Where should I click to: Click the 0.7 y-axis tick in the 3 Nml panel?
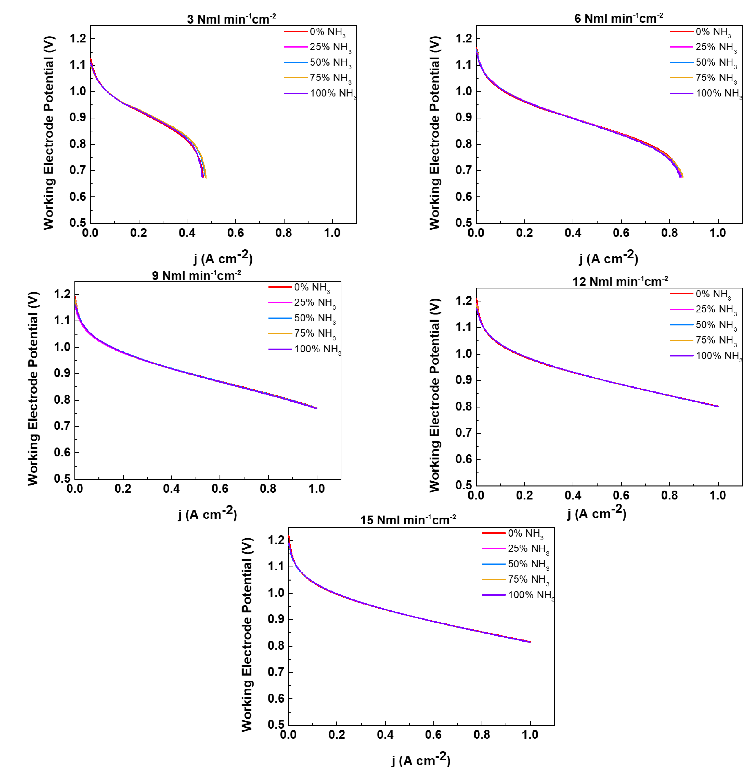tap(78, 170)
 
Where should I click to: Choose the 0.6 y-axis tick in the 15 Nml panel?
tap(276, 698)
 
